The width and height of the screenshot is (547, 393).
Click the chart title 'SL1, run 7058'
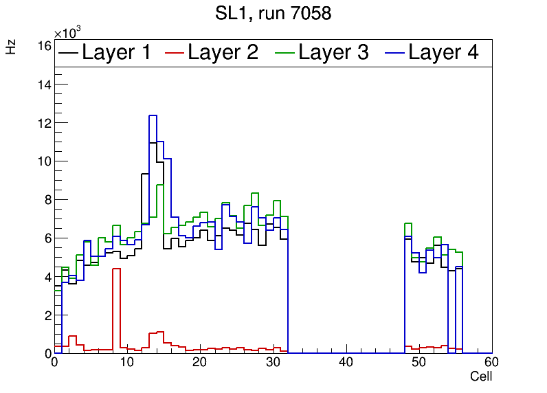(x=273, y=13)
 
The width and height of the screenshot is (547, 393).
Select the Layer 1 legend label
(x=116, y=53)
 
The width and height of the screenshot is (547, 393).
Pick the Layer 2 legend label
(x=223, y=53)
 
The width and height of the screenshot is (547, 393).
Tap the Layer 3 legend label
(x=333, y=53)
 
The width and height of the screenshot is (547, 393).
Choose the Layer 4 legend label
(x=443, y=53)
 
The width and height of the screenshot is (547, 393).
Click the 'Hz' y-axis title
(x=11, y=47)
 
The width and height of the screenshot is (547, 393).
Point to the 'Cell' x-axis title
(x=480, y=377)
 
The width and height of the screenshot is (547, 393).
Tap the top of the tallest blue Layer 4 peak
(x=153, y=115)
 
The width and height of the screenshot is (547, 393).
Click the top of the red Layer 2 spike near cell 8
(x=116, y=269)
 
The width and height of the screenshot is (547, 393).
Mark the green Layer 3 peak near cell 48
(x=408, y=224)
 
